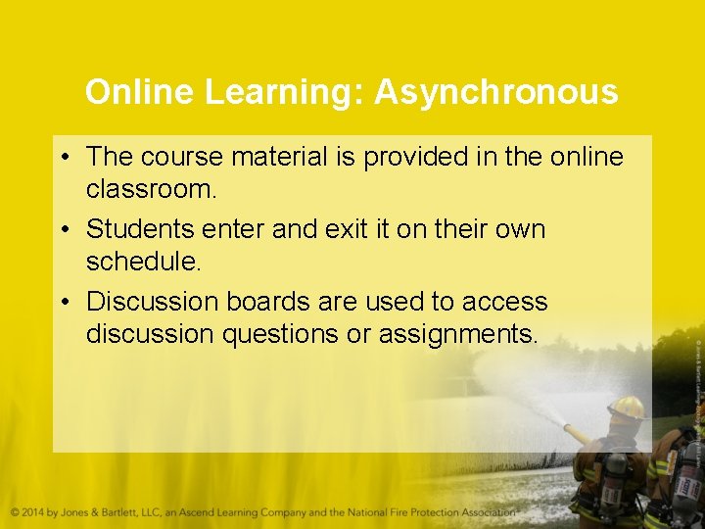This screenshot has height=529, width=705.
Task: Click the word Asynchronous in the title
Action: tap(495, 93)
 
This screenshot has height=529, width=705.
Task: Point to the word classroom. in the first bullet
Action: tap(151, 189)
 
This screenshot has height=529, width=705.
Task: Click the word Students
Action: tap(140, 230)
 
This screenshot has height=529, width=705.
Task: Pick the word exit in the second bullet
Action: tap(343, 230)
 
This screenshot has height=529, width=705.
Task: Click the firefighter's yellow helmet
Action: tap(626, 407)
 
